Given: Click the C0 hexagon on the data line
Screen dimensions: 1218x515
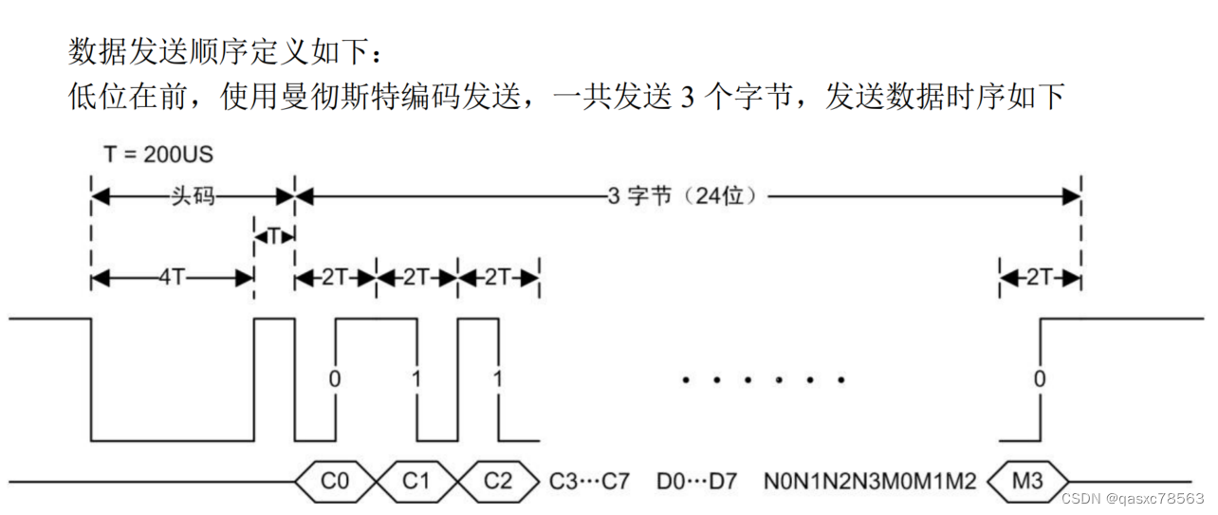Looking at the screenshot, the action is click(x=335, y=481).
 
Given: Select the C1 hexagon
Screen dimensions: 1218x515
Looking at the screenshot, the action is click(x=416, y=481).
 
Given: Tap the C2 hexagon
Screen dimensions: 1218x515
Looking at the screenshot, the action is click(x=498, y=481).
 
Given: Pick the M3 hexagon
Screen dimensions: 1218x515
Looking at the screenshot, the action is click(x=1027, y=481).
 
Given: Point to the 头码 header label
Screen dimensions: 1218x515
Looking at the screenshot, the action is click(x=193, y=196).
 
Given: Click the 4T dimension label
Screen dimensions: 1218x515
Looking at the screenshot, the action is click(x=172, y=278).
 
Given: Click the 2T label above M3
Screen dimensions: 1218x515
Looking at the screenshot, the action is click(x=1041, y=278).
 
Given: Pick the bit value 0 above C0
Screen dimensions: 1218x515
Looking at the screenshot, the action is click(x=334, y=378).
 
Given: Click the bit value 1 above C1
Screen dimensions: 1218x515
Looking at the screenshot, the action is click(x=415, y=378).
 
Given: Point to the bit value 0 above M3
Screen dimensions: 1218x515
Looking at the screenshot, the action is click(x=1040, y=378).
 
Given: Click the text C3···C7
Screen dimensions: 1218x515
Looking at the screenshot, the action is click(x=590, y=481).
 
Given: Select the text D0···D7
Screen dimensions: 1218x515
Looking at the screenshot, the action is click(x=698, y=481).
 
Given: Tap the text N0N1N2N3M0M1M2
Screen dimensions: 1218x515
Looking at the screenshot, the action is click(x=870, y=481).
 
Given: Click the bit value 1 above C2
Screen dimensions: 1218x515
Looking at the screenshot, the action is click(x=497, y=378).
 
